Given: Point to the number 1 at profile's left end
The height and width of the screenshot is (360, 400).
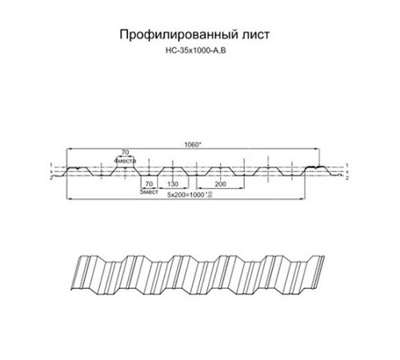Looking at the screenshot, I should pos(50,165).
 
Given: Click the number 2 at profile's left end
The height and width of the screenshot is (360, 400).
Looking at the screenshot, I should pos(50,178).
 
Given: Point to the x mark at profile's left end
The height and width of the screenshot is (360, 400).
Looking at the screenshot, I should pos(50,171).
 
